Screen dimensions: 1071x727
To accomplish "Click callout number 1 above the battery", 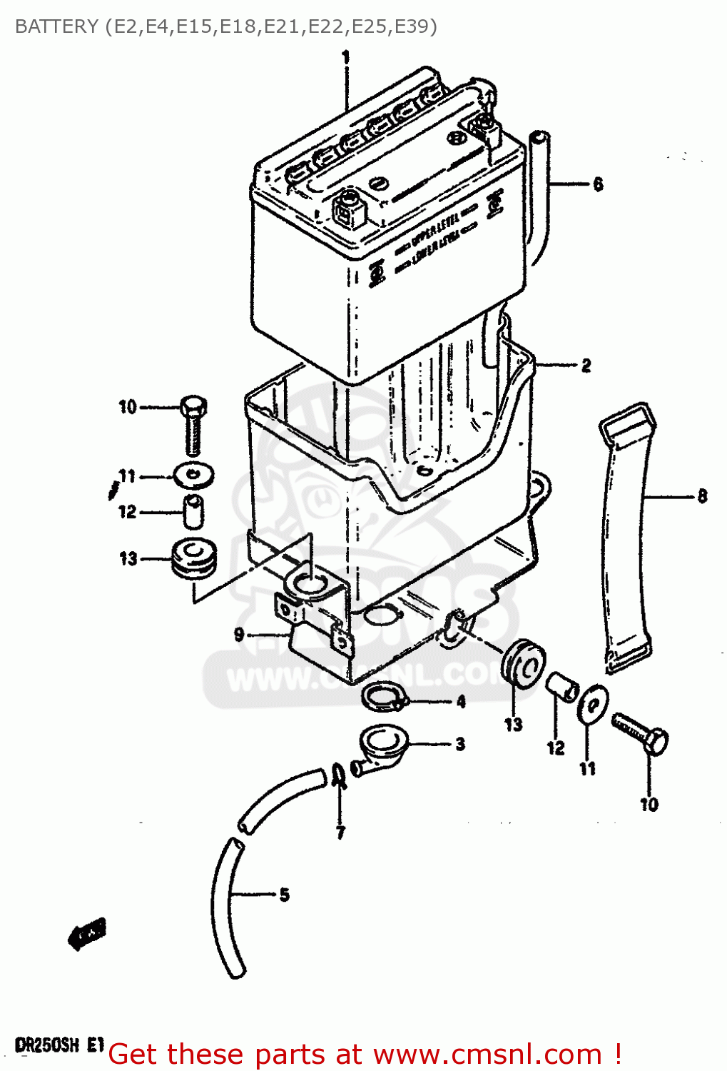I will point(346,56).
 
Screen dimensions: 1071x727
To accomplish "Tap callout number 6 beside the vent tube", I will point(598,184).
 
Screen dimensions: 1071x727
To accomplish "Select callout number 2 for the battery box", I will point(586,366).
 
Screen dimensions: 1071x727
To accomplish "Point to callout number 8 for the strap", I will point(702,496).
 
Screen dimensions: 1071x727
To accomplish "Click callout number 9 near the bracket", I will point(239,634).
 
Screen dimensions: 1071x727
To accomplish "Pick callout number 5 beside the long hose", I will point(284,894).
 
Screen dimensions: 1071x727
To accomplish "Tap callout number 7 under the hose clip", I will point(340,833).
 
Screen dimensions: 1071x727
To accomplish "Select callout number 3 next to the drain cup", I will point(460,744).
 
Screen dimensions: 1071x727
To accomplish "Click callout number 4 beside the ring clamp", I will point(461,702).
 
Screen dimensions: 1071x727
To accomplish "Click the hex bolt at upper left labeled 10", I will point(193,425).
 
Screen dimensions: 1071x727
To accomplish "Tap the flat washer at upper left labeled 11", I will point(193,475).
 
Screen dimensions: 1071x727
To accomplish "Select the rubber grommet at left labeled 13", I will point(193,558).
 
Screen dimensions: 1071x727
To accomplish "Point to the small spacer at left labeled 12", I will point(193,511).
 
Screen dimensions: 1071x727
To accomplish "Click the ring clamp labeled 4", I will point(383,697).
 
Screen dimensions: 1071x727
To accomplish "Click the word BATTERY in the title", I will point(56,26).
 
